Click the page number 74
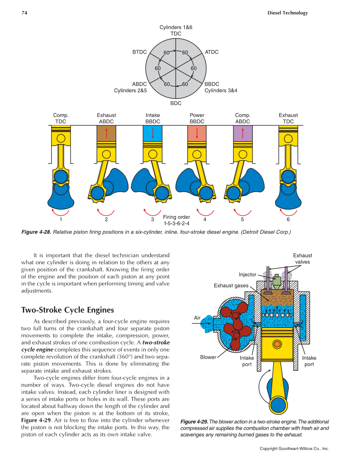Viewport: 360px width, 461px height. click(25, 13)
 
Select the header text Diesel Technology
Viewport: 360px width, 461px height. click(287, 13)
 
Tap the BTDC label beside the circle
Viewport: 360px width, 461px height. click(140, 52)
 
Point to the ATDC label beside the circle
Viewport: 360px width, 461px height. click(212, 52)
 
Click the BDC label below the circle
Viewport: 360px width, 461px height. click(176, 103)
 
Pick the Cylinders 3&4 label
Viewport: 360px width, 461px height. click(221, 90)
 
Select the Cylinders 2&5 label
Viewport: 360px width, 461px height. click(131, 90)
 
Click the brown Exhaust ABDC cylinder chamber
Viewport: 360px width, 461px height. click(106, 133)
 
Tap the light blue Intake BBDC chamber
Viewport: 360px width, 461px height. click(153, 133)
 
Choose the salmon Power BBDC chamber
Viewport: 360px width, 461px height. click(197, 133)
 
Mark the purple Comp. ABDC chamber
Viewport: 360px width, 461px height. click(243, 133)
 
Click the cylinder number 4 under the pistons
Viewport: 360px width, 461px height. click(204, 220)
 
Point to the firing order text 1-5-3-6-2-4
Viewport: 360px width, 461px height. click(176, 223)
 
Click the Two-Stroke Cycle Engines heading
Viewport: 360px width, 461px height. click(67, 310)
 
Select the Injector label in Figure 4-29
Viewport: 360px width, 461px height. click(247, 274)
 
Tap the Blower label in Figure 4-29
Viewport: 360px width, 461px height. click(208, 357)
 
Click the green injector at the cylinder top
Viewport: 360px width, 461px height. click(277, 279)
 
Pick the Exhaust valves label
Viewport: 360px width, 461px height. click(302, 259)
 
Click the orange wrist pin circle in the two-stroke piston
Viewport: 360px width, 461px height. click(277, 343)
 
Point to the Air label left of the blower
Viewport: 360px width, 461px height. click(197, 318)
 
